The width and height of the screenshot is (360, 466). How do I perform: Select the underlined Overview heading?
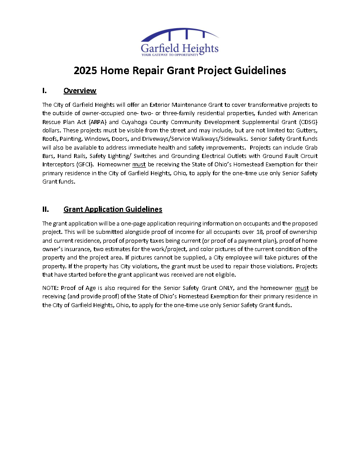80,91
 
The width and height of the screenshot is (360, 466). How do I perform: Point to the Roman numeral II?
45,209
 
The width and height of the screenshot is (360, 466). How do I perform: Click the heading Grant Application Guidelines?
113,209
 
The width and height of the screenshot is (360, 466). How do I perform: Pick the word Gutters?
307,130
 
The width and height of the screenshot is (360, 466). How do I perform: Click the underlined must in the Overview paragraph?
139,164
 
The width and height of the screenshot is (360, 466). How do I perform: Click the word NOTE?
51,288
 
